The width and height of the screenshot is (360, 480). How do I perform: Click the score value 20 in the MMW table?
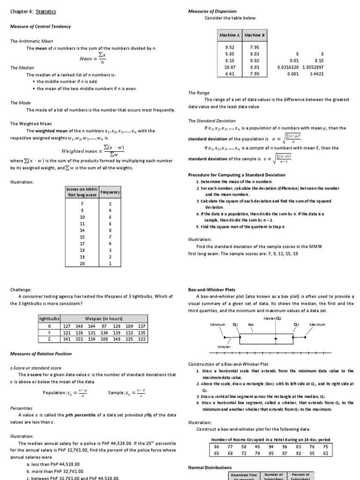click(x=82, y=263)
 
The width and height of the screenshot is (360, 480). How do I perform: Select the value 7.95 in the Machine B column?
click(x=255, y=47)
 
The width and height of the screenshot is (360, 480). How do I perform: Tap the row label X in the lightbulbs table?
click(x=49, y=326)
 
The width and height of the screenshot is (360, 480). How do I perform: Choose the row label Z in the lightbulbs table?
click(x=49, y=339)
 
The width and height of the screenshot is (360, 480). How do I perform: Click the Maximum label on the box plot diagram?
click(x=317, y=324)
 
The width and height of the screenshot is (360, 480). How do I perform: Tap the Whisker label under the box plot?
click(x=224, y=347)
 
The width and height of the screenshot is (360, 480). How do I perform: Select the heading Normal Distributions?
click(x=210, y=467)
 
